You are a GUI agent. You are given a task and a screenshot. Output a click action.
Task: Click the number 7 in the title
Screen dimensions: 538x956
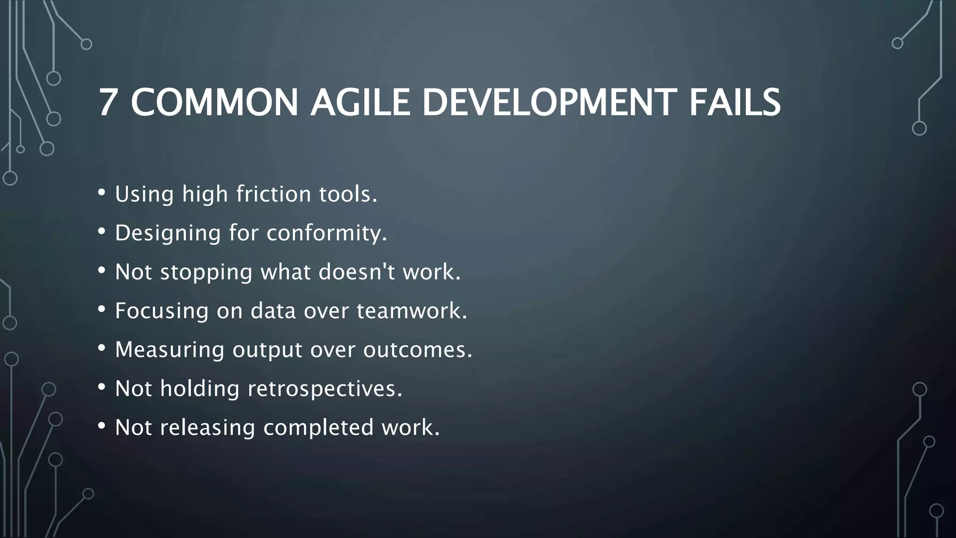click(107, 103)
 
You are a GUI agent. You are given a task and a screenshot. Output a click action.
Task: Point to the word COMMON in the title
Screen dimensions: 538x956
click(214, 103)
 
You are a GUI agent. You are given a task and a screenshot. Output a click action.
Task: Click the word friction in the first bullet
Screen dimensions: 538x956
click(274, 194)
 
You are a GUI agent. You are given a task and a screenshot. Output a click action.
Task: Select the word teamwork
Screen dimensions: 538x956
click(412, 311)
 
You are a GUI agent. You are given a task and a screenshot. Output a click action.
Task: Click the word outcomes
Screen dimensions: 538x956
click(418, 349)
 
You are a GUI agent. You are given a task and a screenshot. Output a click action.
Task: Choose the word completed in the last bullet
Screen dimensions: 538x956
click(318, 428)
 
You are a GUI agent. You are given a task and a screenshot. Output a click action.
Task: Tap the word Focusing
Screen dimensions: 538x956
click(162, 311)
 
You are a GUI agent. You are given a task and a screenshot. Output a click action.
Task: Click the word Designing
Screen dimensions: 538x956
click(168, 233)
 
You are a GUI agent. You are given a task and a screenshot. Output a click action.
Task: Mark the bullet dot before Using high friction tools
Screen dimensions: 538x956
click(102, 192)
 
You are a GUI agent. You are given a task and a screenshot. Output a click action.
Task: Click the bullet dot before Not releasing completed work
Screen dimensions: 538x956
click(102, 426)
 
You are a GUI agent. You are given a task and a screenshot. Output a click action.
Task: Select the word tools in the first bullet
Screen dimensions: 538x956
click(348, 194)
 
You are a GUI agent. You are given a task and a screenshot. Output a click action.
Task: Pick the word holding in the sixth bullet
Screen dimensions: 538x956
click(200, 389)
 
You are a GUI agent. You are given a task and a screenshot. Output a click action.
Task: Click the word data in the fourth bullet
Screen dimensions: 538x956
click(273, 311)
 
